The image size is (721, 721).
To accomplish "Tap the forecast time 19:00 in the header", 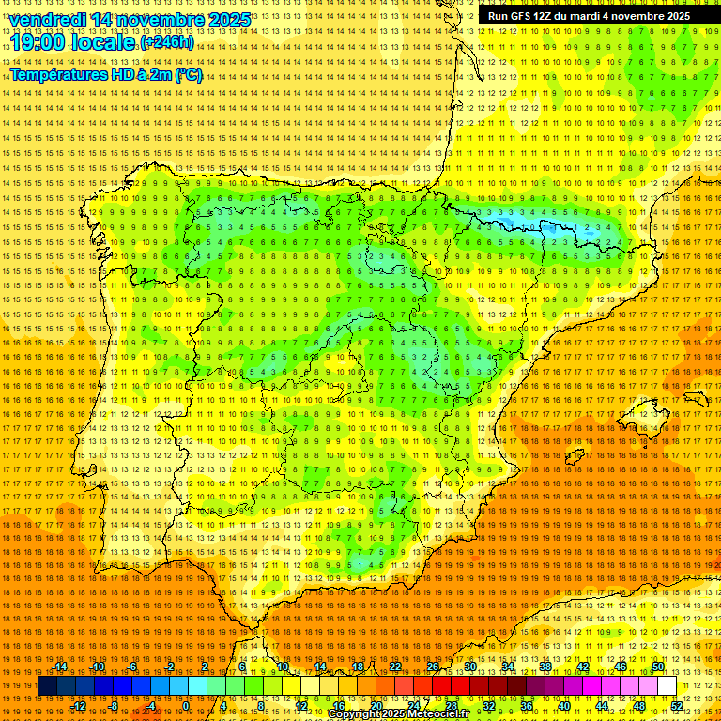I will click(x=37, y=42).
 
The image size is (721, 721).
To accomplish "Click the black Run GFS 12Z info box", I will click(x=588, y=16).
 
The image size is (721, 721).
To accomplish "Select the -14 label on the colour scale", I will click(x=60, y=667).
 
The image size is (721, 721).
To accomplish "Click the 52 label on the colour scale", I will click(x=676, y=706).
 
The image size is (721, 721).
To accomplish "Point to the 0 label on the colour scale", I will click(x=187, y=706).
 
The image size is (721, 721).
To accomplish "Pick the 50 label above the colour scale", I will click(x=658, y=667).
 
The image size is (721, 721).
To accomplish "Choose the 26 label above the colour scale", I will click(x=433, y=667).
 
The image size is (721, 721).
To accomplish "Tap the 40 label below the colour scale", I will click(x=563, y=706).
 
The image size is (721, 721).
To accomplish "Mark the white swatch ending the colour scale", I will click(x=667, y=686).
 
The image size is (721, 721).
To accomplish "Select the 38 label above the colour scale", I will click(x=545, y=667).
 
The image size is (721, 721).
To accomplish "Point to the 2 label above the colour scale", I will click(x=205, y=667).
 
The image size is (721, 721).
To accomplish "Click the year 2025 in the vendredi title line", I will click(x=229, y=20).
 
